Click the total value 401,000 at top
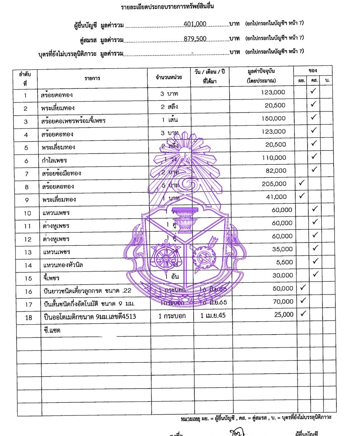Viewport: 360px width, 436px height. [195, 24]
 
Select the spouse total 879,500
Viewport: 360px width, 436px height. [195, 39]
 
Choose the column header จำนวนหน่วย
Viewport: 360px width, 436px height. [169, 77]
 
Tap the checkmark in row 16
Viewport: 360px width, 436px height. [303, 288]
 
